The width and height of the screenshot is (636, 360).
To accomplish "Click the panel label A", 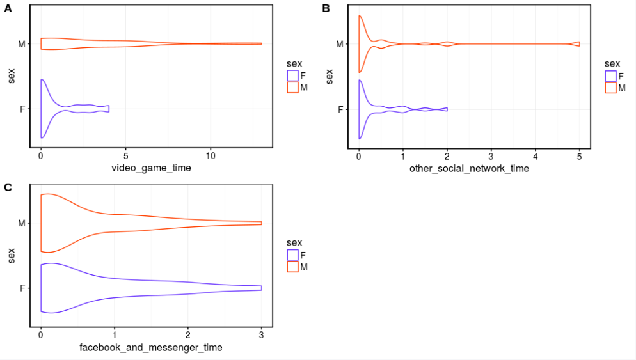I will [x=8, y=8].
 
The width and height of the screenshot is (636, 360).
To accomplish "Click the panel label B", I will [x=326, y=8].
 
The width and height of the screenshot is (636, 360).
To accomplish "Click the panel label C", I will [x=8, y=187].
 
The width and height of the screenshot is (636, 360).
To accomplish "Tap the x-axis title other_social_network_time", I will [x=469, y=168].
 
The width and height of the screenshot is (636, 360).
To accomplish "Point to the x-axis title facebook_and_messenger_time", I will [x=150, y=347].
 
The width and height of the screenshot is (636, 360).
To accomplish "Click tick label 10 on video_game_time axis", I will [x=211, y=156].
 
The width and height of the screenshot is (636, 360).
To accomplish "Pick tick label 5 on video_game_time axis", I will [x=126, y=156].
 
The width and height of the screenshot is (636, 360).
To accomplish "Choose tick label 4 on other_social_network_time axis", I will [x=535, y=156].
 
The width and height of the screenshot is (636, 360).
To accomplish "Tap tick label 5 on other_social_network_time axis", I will [x=579, y=156].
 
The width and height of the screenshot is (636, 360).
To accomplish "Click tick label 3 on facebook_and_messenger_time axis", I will [x=261, y=335].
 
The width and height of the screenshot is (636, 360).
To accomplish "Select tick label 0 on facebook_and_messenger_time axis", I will [x=41, y=335].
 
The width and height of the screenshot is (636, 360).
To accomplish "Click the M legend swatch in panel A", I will [x=292, y=88].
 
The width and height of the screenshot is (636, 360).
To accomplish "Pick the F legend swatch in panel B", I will [x=610, y=75].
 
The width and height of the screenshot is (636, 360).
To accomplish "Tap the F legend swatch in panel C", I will [x=292, y=254].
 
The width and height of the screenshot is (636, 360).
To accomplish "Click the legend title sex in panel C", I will [x=294, y=242].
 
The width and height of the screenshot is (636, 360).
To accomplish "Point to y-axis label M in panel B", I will [x=340, y=44].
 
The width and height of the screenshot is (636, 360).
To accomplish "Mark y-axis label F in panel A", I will [x=23, y=109].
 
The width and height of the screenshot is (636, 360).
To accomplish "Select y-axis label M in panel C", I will [x=22, y=223].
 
